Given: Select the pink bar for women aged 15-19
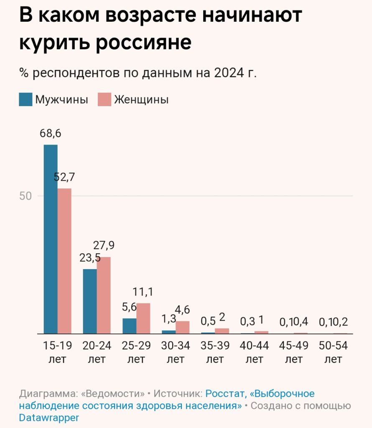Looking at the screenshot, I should (65, 261).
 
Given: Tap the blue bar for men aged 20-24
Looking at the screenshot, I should (90, 301).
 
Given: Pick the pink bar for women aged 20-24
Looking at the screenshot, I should (104, 295).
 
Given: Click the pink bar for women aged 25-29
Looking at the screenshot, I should (143, 318).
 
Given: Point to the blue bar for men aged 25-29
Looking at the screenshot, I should (129, 326).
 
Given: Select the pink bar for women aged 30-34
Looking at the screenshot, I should (182, 327).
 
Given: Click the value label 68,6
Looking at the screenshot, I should (51, 133).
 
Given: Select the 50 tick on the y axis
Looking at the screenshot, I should (26, 196).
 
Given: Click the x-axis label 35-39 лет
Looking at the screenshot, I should (215, 352).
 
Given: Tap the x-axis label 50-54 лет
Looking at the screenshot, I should (333, 352).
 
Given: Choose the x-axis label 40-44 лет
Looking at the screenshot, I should (255, 352).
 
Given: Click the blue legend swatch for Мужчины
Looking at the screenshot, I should (25, 100).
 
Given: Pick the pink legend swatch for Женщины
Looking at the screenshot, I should (104, 100).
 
